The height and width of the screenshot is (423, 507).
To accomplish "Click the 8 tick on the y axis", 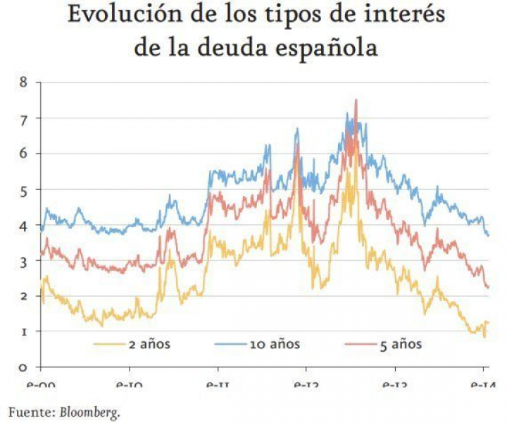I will point(24,82).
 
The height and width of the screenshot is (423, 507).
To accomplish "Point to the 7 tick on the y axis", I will point(24,118).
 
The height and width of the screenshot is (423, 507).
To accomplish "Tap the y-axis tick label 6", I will point(24,154).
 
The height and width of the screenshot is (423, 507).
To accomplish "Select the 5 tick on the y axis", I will point(24,190).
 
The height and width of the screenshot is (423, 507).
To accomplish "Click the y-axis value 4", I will point(24,226).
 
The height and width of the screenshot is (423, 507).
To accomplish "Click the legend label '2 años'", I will point(149,345).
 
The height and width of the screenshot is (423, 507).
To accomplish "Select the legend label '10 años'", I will point(274,345).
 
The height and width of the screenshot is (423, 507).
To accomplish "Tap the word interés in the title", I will point(405,16).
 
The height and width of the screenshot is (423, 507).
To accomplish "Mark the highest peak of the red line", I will point(356,100).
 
